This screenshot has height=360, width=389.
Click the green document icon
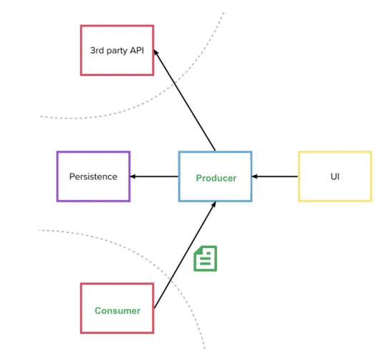205,258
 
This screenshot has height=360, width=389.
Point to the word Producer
216,178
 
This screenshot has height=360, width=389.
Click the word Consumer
117,311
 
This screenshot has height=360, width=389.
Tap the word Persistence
93,176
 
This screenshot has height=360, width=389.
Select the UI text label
335,176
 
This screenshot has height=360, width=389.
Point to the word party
117,51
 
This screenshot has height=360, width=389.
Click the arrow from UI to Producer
275,176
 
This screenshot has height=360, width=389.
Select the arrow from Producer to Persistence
154,176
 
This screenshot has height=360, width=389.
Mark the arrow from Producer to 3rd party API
185,100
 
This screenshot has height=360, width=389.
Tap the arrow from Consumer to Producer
185,255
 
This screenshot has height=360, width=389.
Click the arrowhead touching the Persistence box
133,176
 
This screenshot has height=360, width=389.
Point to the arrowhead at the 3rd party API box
155,52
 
